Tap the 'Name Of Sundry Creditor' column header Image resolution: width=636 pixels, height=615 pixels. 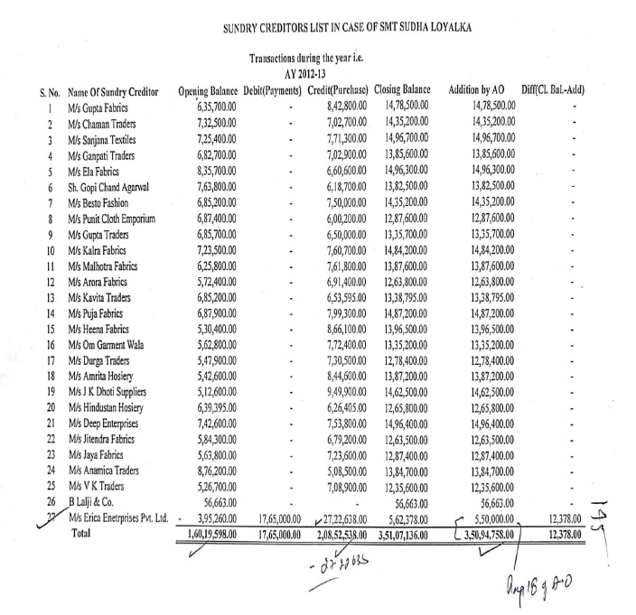click(x=114, y=92)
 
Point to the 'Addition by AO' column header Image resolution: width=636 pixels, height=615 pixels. click(x=479, y=92)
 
